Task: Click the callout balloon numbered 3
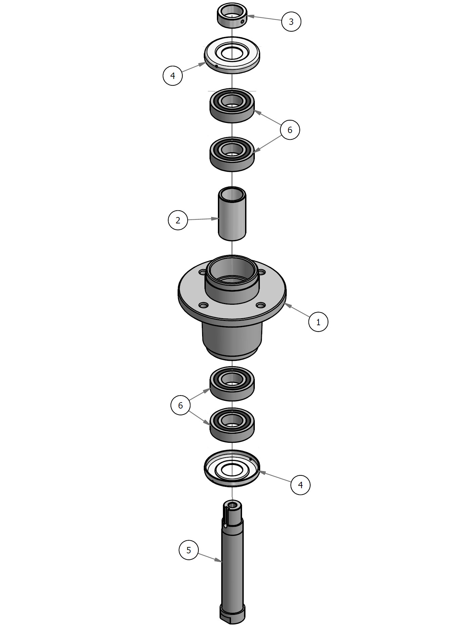(x=291, y=22)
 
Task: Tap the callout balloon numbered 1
(x=318, y=322)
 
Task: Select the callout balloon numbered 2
(x=178, y=220)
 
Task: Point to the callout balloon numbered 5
(x=189, y=550)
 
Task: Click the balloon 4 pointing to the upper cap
(x=173, y=75)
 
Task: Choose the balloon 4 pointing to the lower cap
(x=300, y=485)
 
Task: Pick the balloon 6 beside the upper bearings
(x=290, y=130)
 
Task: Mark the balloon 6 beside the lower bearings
(x=181, y=406)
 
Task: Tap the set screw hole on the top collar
(x=242, y=22)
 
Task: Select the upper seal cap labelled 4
(x=232, y=55)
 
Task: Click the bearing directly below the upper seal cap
(x=232, y=105)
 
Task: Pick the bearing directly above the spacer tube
(x=232, y=154)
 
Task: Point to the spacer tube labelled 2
(x=232, y=214)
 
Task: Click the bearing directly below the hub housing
(x=232, y=383)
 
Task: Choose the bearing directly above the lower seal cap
(x=232, y=425)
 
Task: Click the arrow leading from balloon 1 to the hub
(x=297, y=310)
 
